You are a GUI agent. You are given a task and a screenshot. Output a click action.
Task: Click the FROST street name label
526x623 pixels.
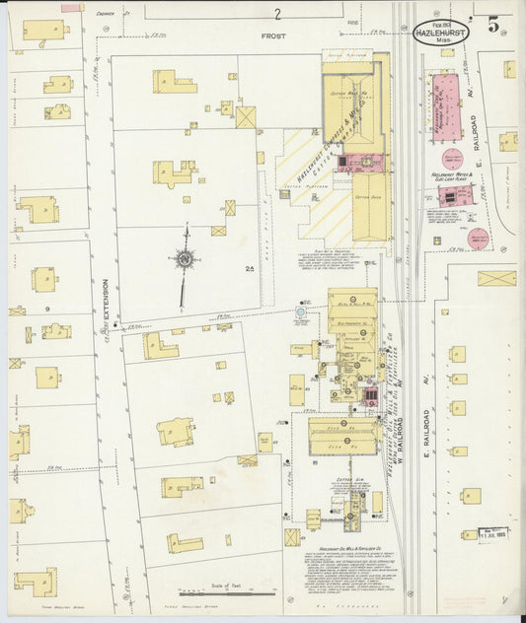(272, 35)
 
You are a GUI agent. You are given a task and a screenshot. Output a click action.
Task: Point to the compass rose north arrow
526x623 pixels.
(185, 260)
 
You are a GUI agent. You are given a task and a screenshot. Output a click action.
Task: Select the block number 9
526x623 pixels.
(46, 309)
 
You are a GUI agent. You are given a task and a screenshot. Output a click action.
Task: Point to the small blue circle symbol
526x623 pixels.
(301, 312)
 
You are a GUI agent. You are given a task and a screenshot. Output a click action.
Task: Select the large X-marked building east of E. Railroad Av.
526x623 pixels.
(496, 279)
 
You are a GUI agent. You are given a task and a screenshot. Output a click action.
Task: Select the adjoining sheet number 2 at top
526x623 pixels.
(278, 14)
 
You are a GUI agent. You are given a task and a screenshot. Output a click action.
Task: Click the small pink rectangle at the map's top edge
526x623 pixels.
(72, 8)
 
